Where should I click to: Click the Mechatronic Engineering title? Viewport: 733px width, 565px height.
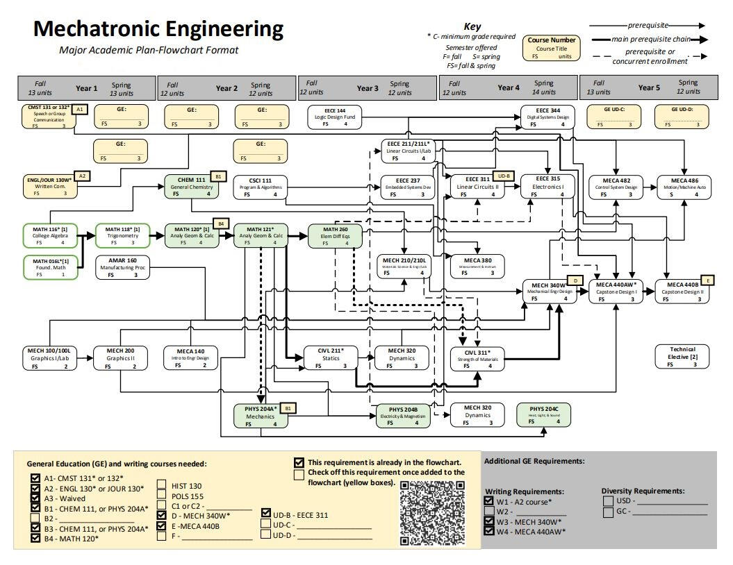point(158,29)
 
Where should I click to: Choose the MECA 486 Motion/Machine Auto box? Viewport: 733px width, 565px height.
point(685,187)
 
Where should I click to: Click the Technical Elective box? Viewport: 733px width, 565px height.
point(683,356)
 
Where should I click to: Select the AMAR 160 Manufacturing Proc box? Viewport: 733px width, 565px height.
point(122,267)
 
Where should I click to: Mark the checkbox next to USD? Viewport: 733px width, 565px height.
point(608,500)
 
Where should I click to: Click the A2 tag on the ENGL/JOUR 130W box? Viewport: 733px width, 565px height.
point(82,176)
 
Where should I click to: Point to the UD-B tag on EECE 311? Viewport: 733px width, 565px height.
point(502,176)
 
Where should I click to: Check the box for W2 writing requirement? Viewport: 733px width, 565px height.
point(489,511)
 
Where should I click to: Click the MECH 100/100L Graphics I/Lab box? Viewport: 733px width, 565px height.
point(49,357)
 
